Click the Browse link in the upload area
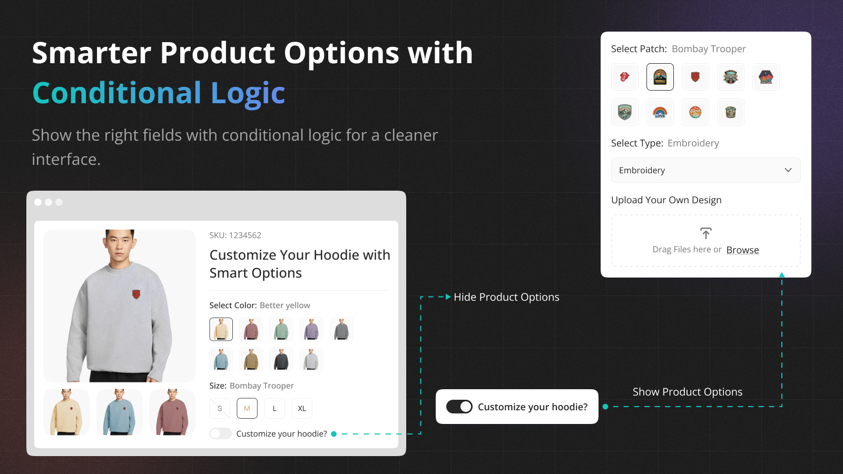[x=742, y=250]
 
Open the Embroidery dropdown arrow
[x=788, y=170]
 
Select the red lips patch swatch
[x=625, y=77]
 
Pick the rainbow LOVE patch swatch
[x=660, y=112]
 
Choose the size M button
[x=247, y=408]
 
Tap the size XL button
[x=302, y=408]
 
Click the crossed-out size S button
[x=220, y=408]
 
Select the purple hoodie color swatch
[x=311, y=329]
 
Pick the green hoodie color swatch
[x=281, y=329]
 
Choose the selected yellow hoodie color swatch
[x=221, y=329]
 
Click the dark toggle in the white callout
[x=459, y=407]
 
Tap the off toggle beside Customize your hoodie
[x=221, y=434]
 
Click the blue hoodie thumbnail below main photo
[x=119, y=412]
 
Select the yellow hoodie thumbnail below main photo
[x=66, y=412]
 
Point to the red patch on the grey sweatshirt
[x=136, y=294]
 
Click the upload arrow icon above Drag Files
[x=705, y=233]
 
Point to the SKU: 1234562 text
[x=235, y=235]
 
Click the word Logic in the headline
[x=248, y=93]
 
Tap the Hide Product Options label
[x=506, y=297]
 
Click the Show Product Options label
[x=688, y=392]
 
